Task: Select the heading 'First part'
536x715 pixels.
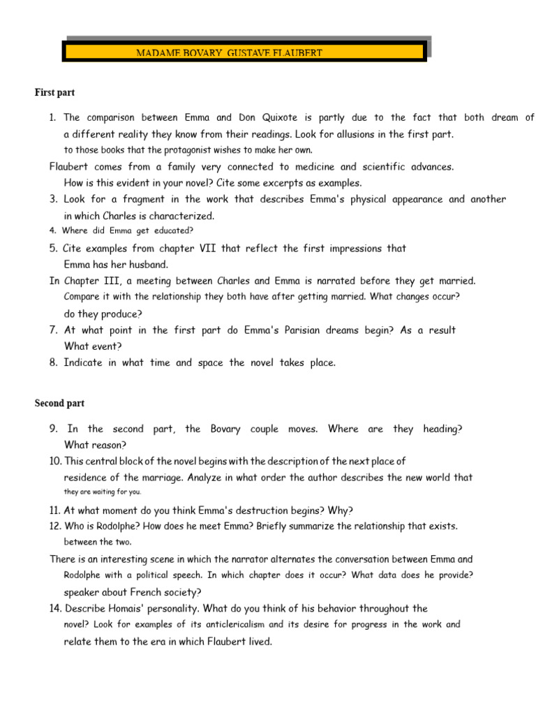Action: pos(55,92)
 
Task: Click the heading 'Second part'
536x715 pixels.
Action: pos(59,404)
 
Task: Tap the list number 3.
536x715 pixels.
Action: pos(53,200)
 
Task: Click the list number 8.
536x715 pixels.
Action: pos(53,363)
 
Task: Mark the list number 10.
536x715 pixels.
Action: pos(55,462)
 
